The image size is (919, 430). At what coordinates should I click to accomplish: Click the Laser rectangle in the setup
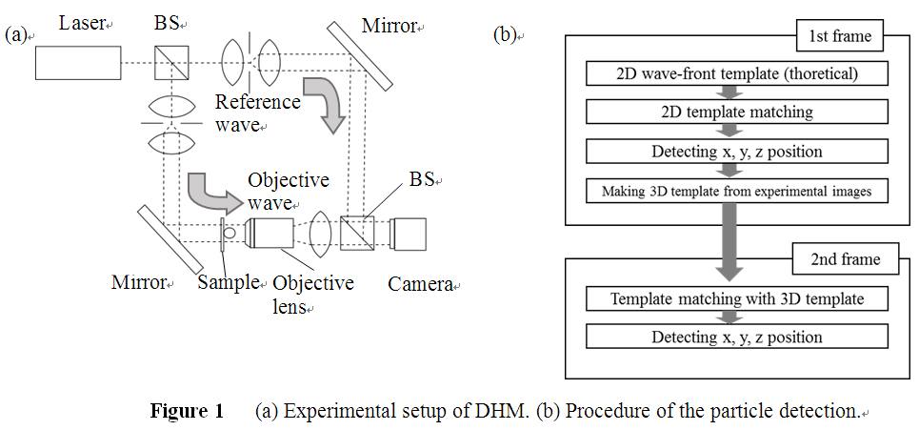79,63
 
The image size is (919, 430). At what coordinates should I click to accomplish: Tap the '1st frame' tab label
838,39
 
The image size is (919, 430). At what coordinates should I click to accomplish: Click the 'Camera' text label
419,284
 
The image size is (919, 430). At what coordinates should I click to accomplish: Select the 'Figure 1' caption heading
187,412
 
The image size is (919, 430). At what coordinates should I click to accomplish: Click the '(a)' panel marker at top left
16,35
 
